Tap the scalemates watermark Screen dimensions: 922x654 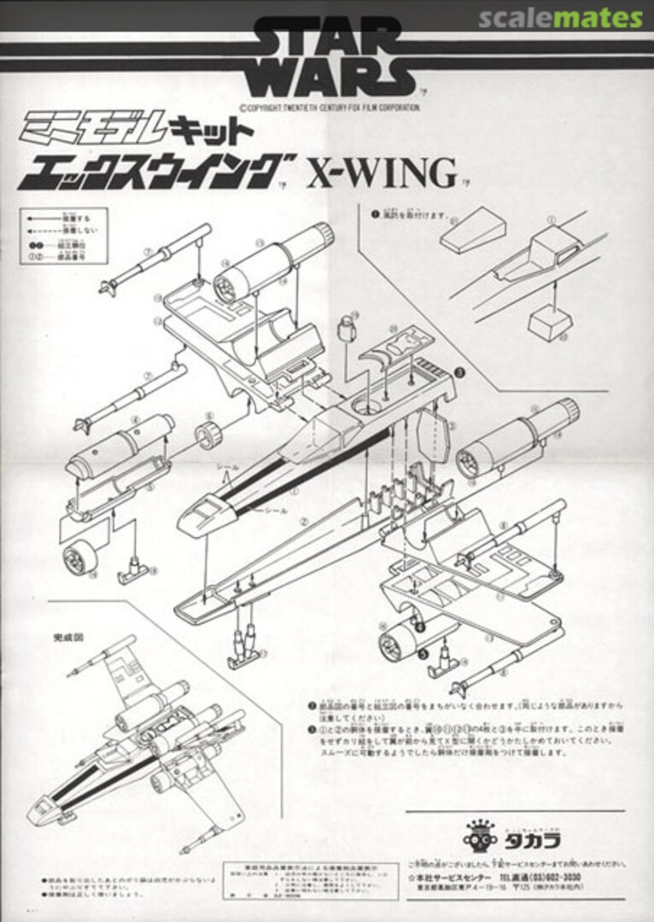pyautogui.click(x=560, y=18)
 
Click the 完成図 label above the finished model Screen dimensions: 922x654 pyautogui.click(x=54, y=637)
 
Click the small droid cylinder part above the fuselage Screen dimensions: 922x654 pyautogui.click(x=345, y=325)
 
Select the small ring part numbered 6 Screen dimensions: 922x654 pyautogui.click(x=208, y=435)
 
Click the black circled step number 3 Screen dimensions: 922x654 pyautogui.click(x=458, y=372)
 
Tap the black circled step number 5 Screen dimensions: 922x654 pyautogui.click(x=423, y=652)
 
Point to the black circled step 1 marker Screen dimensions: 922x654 pyautogui.click(x=373, y=214)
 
